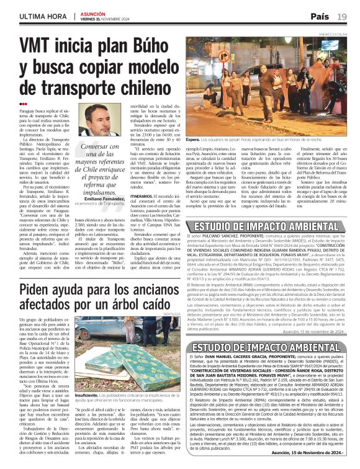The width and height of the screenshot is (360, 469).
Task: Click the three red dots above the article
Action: click(x=24, y=104)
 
